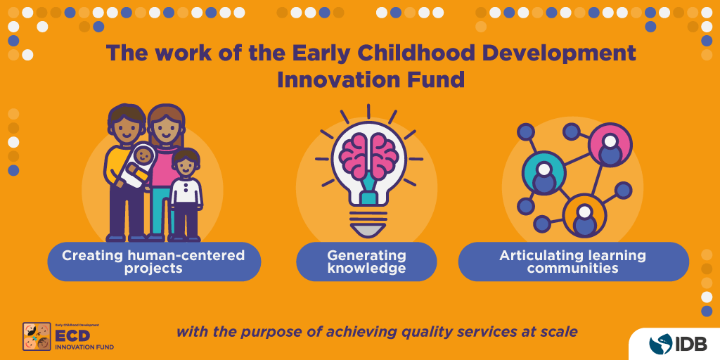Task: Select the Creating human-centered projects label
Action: (x=153, y=262)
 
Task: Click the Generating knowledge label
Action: (x=366, y=262)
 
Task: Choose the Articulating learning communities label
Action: (x=572, y=262)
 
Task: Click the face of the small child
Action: (x=186, y=166)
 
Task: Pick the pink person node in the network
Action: (x=610, y=145)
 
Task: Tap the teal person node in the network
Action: (x=544, y=173)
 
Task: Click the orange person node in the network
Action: (x=584, y=215)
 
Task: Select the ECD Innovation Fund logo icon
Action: (x=37, y=337)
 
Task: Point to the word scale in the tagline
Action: (x=558, y=331)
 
